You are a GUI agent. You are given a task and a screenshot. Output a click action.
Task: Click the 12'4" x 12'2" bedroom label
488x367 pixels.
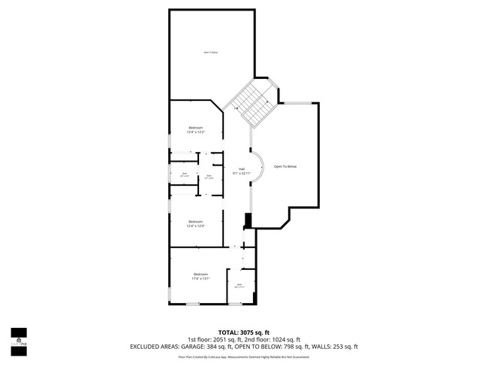tap(196, 129)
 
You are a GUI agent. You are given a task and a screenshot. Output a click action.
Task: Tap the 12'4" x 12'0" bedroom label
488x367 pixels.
tap(196, 223)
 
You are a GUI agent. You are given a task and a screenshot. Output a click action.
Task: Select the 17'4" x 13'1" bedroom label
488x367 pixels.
tap(200, 276)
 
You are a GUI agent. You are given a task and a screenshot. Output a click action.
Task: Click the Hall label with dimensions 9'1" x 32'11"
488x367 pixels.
tap(242, 171)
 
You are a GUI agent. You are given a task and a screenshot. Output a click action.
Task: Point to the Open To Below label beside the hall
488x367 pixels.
tap(285, 165)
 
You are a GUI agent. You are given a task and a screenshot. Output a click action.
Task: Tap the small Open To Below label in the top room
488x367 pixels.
tap(211, 52)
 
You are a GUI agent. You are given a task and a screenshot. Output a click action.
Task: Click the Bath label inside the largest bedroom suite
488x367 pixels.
tap(239, 286)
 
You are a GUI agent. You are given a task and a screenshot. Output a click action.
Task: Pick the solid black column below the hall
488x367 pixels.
tap(247, 220)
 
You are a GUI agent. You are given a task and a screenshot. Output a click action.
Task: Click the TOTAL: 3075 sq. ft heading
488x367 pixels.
tap(244, 332)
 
